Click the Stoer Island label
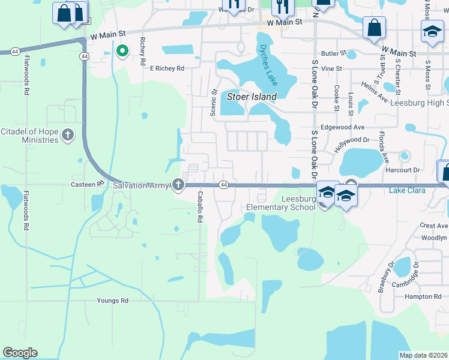(x=252, y=97)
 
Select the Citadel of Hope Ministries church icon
(x=68, y=134)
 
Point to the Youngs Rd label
(x=113, y=301)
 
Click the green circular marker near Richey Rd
(x=122, y=52)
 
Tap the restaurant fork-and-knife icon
(x=282, y=7)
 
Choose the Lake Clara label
(x=407, y=191)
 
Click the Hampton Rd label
(x=423, y=296)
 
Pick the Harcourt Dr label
(x=403, y=170)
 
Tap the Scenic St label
(x=213, y=103)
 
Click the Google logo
(x=20, y=353)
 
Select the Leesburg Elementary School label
(x=281, y=203)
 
